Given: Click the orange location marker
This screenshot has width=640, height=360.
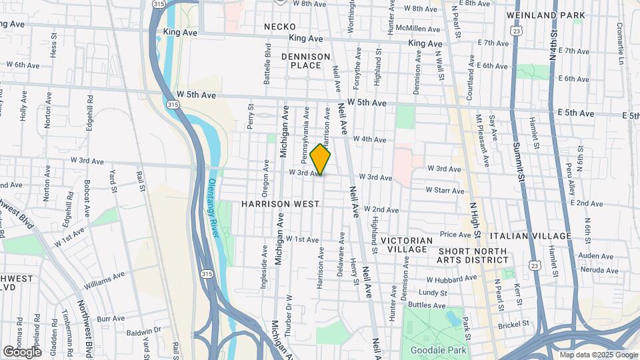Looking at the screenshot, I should (321, 159).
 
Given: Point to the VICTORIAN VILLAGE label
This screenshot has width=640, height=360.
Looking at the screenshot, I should (407, 244).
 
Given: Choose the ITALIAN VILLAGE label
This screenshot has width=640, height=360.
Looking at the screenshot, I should (530, 236).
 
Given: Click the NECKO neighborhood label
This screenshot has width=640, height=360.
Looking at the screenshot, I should (279, 26).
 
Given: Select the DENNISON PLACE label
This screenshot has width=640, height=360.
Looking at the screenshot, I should (305, 61).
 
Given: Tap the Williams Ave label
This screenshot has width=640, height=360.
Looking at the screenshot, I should (105, 280).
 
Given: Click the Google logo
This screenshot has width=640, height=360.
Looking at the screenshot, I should (22, 351).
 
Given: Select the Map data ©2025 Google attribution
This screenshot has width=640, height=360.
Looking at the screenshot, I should (599, 355).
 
